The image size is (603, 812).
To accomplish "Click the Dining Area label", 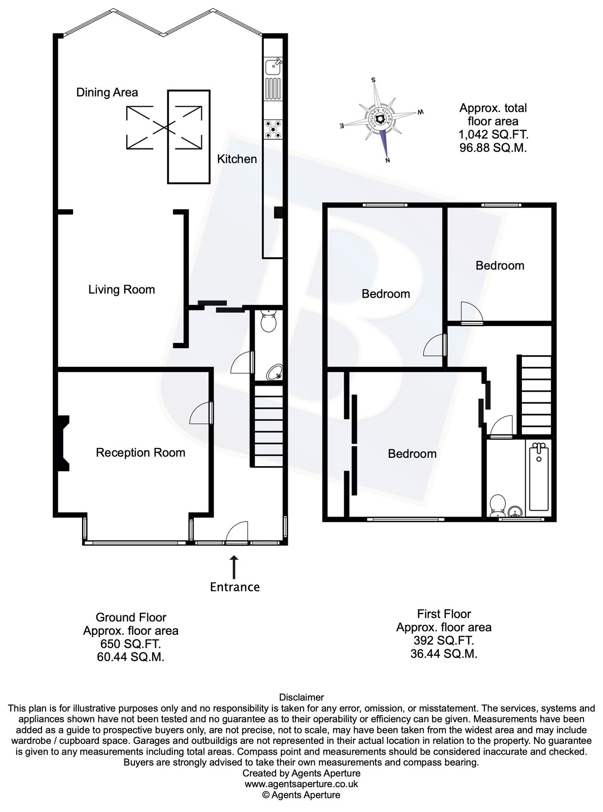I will coord(107,92).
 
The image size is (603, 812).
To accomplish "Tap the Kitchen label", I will coord(237,159).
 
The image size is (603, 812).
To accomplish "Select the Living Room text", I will coord(121,290).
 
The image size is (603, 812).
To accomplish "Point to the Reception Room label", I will coord(140,452).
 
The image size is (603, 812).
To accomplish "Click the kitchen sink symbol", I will coord(273,67).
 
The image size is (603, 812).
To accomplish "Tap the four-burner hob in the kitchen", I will coord(273,129).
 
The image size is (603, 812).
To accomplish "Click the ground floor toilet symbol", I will coord(269,321).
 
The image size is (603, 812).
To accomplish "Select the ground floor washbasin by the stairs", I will coord(274,373).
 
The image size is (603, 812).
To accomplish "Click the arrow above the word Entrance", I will coord(234,567).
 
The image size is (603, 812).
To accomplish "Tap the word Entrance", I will coord(235,587).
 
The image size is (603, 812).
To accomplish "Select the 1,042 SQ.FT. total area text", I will coord(493,134).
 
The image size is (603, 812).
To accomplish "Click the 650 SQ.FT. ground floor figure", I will coord(130,644).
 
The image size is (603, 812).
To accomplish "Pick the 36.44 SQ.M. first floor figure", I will coord(444,654).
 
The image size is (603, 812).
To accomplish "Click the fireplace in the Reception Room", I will coord(62,443).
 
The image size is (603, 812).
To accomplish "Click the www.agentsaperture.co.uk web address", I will coord(301,784).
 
